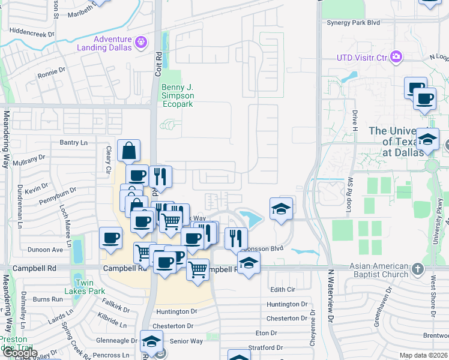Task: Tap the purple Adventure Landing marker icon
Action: (x=141, y=42)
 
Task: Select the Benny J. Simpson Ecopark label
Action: (x=181, y=95)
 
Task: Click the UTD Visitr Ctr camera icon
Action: (x=396, y=57)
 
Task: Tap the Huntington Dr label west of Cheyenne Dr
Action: (x=176, y=311)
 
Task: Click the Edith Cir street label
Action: (x=285, y=289)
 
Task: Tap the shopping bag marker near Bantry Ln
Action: (x=129, y=151)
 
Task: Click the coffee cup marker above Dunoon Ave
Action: (x=110, y=238)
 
